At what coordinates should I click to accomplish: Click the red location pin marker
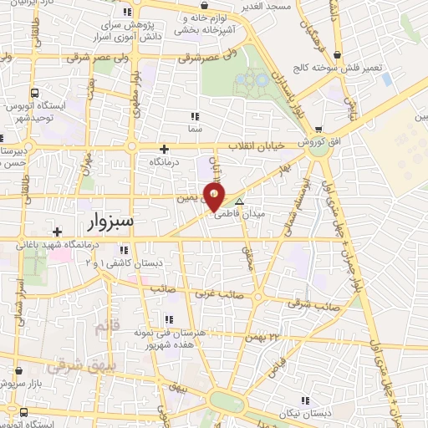pyautogui.click(x=215, y=197)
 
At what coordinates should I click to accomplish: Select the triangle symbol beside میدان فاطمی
pyautogui.click(x=240, y=202)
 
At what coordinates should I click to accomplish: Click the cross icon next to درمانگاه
pyautogui.click(x=164, y=149)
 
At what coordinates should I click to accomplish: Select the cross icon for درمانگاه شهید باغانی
pyautogui.click(x=58, y=232)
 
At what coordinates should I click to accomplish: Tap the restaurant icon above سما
pyautogui.click(x=195, y=116)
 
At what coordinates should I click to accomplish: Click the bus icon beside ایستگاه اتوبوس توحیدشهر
pyautogui.click(x=34, y=94)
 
